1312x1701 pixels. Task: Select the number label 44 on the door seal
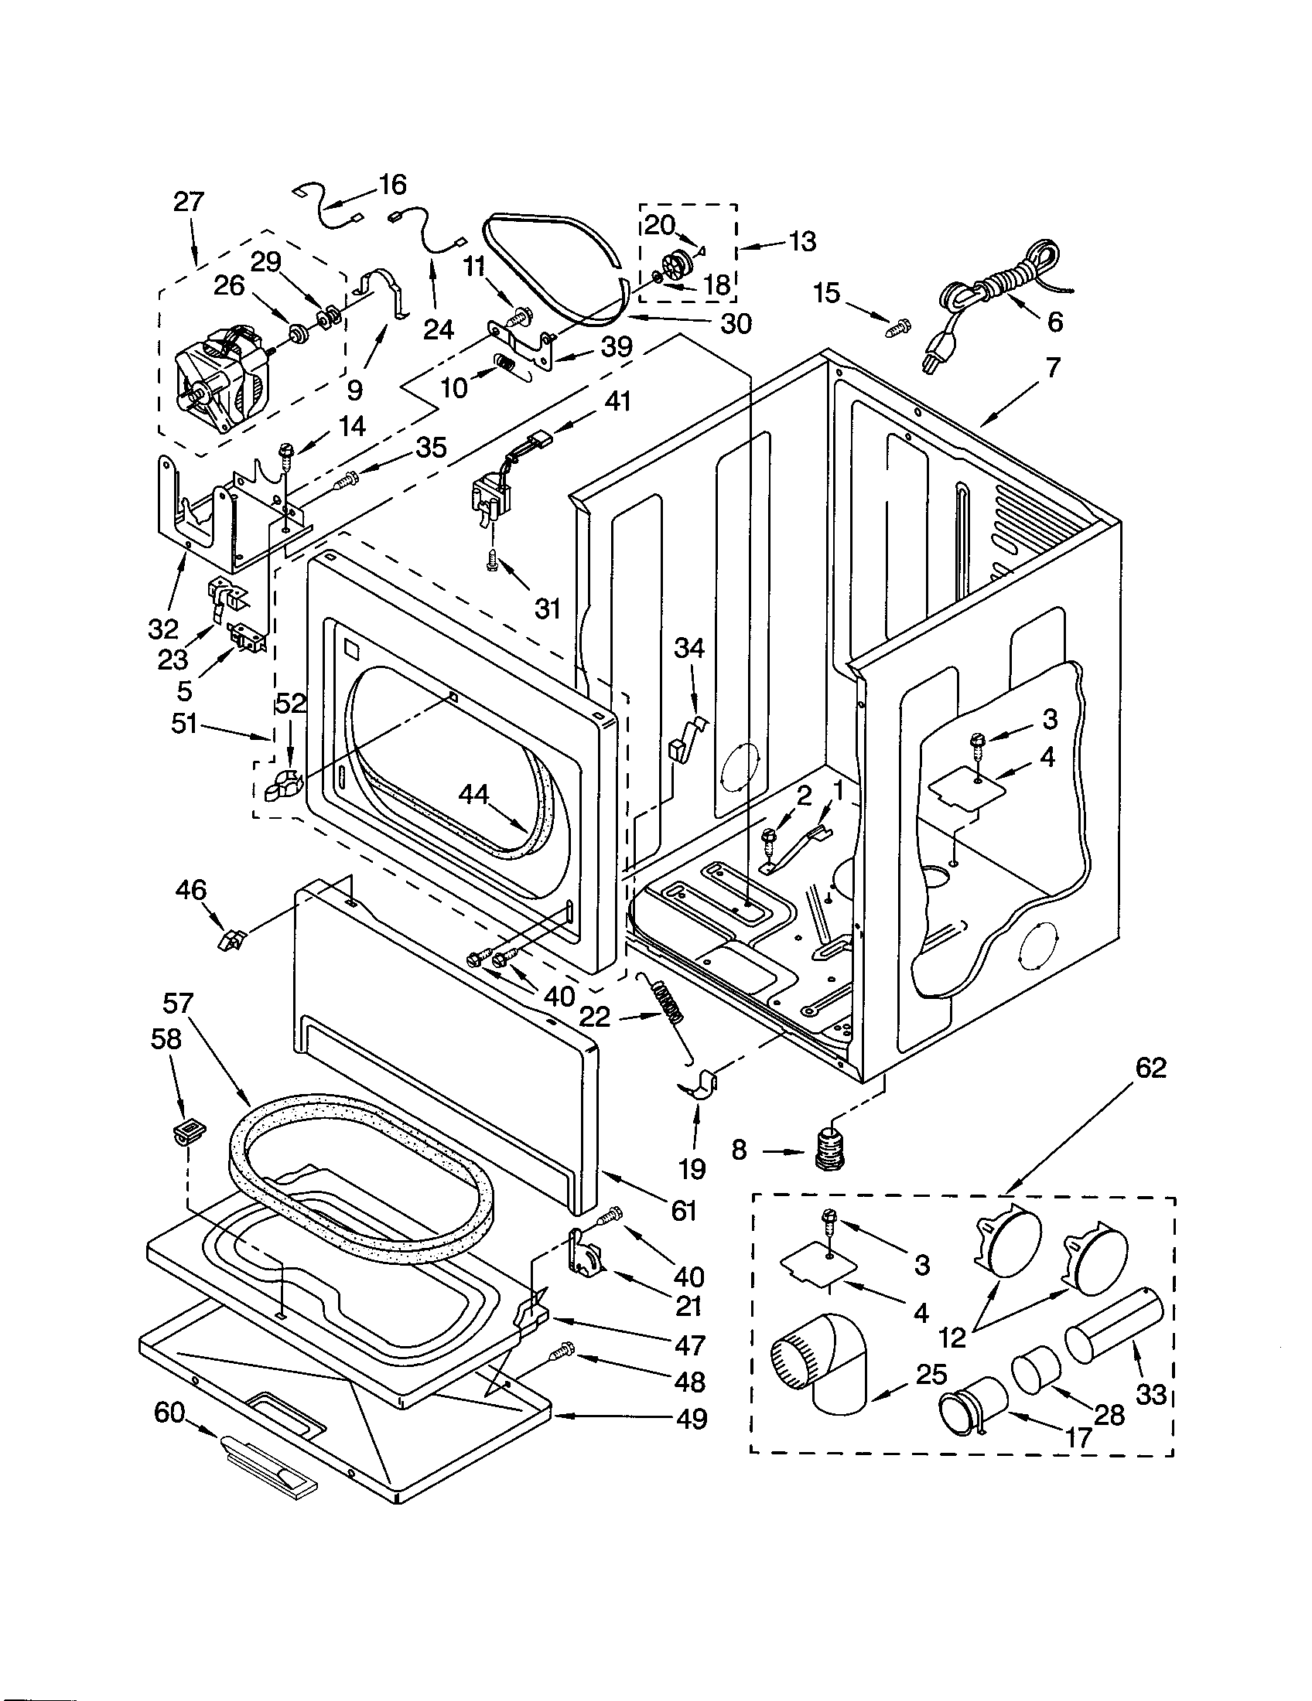click(473, 793)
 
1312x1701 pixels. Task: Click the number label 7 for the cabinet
click(1053, 366)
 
